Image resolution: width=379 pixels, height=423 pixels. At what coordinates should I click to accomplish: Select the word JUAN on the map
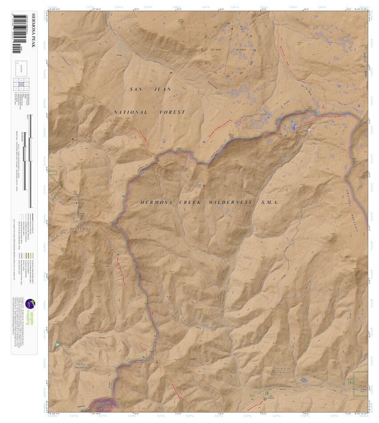click(163, 89)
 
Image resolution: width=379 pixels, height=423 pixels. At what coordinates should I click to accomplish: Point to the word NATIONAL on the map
click(131, 113)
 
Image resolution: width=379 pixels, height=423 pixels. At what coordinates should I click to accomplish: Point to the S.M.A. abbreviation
click(269, 202)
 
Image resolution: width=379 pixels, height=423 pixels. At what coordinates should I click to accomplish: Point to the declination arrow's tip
click(232, 28)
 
